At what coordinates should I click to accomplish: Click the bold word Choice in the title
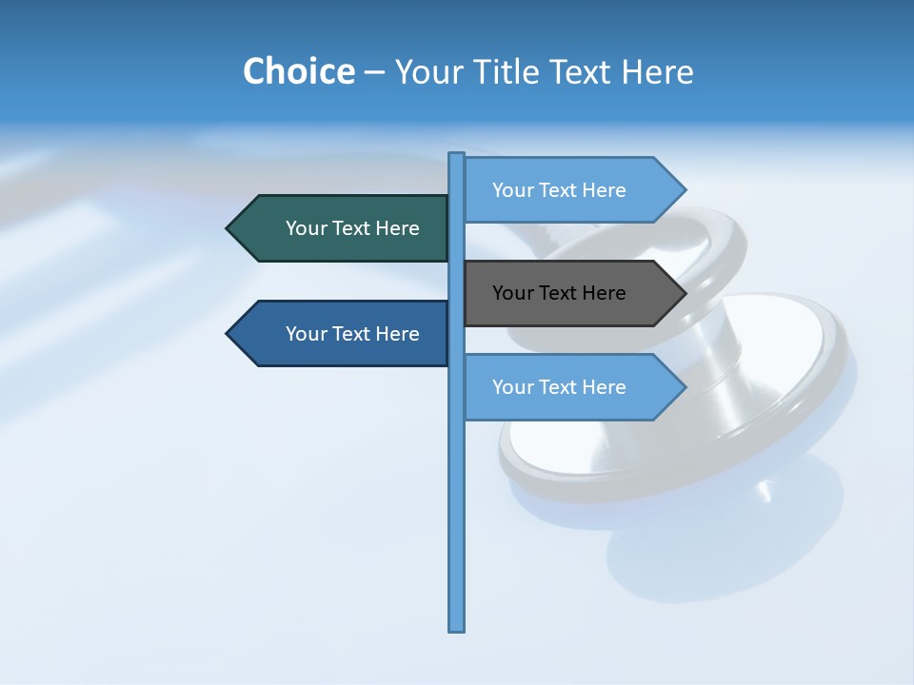[298, 71]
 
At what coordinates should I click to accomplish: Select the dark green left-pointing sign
[343, 228]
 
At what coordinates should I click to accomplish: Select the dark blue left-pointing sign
[343, 334]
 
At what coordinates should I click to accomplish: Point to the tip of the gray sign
[684, 293]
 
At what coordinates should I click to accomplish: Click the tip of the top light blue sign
[684, 190]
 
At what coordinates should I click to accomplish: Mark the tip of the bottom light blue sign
[684, 387]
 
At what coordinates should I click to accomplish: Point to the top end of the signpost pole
[457, 155]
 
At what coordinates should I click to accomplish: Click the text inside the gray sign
[559, 293]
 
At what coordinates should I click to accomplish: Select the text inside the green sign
[352, 228]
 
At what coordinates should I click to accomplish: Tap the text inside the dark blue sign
[352, 334]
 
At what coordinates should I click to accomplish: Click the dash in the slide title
[374, 72]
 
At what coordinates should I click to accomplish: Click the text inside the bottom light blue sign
[559, 387]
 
